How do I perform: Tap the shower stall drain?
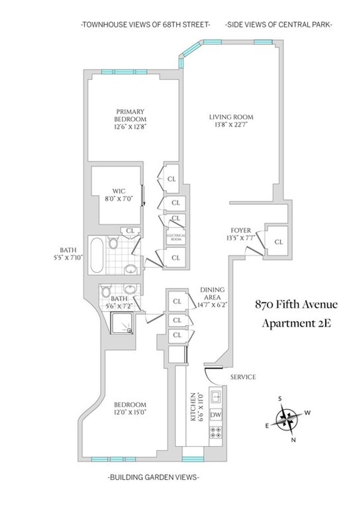point(130,331)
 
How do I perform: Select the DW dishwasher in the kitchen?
point(216,414)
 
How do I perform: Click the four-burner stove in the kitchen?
point(216,432)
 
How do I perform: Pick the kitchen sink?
point(216,396)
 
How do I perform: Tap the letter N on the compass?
point(293,440)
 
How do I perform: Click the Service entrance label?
point(243,377)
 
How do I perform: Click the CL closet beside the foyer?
point(279,242)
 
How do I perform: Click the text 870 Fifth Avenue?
point(296,305)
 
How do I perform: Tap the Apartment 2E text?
point(296,323)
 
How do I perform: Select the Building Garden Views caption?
point(153,477)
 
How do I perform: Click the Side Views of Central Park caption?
point(279,25)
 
